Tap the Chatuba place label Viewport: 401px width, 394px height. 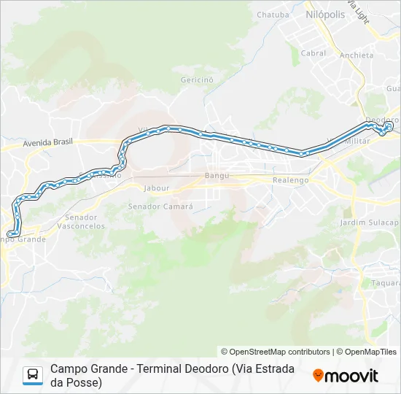pyautogui.click(x=273, y=14)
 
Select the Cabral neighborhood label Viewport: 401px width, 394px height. pyautogui.click(x=314, y=53)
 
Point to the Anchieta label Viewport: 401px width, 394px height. pyautogui.click(x=357, y=55)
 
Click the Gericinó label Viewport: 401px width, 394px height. pyautogui.click(x=196, y=79)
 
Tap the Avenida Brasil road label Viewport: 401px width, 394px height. pyautogui.click(x=48, y=143)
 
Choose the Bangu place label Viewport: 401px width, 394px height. pyautogui.click(x=217, y=176)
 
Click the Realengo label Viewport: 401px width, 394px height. pyautogui.click(x=290, y=180)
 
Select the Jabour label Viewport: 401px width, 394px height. pyautogui.click(x=157, y=188)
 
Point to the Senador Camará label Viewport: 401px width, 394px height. pyautogui.click(x=160, y=206)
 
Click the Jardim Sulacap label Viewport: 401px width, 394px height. pyautogui.click(x=370, y=222)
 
